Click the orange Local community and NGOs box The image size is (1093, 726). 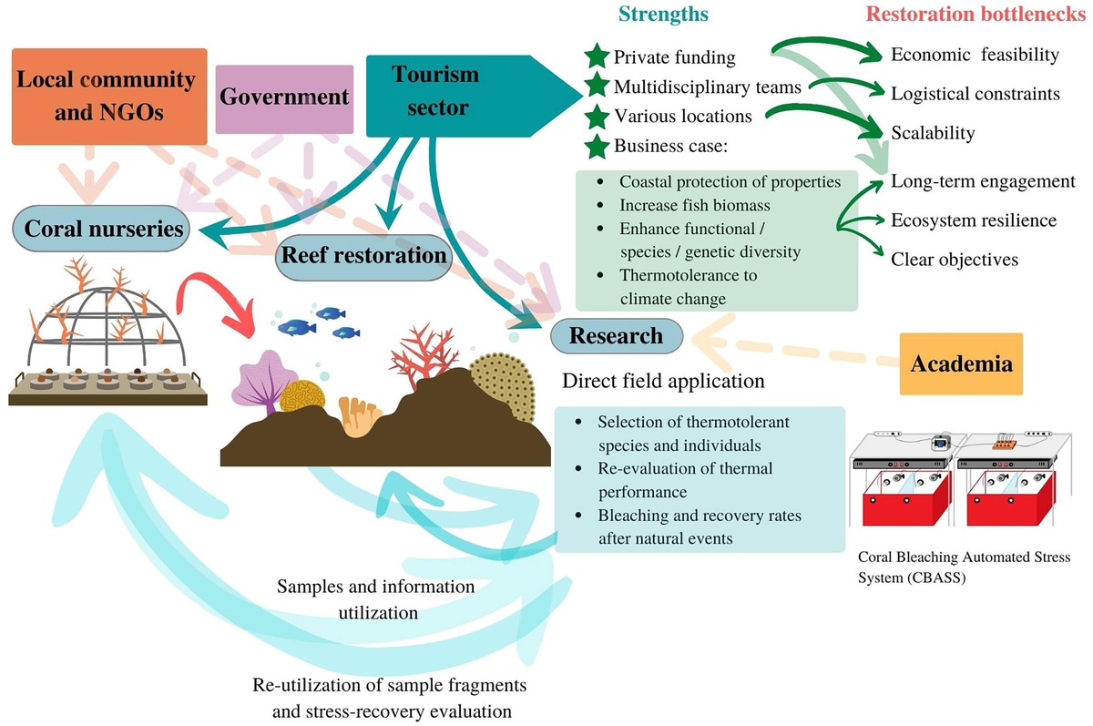pos(106,96)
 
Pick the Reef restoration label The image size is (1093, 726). pos(363,255)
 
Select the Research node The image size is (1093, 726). pos(616,336)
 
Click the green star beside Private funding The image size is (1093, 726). pos(598,56)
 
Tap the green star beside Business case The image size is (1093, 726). pos(598,146)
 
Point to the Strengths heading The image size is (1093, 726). pos(664,15)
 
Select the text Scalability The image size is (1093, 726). pos(933,133)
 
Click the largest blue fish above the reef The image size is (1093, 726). pos(297,326)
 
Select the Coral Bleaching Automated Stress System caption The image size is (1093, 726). pos(964,566)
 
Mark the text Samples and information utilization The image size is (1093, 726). pos(375,599)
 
